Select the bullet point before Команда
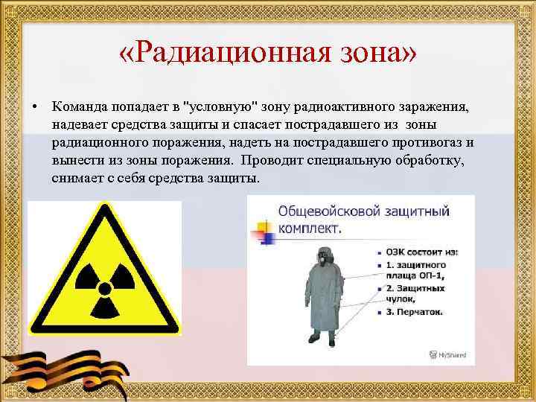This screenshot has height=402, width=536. pos(34,107)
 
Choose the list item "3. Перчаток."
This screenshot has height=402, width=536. pos(414,311)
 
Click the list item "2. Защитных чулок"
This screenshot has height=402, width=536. pos(417,293)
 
